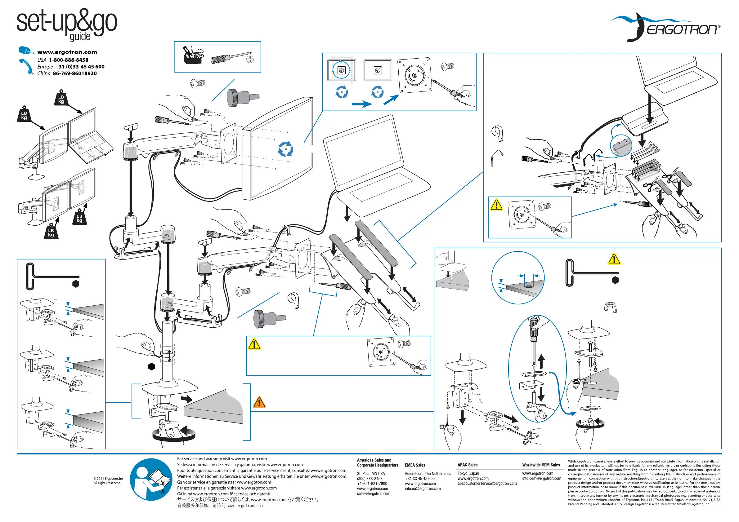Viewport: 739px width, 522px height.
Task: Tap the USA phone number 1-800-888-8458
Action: pos(69,60)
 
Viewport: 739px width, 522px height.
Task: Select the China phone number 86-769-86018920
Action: pos(75,74)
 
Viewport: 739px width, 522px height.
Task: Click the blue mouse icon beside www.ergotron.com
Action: pos(25,51)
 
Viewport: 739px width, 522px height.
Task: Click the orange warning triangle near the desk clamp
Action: pos(259,402)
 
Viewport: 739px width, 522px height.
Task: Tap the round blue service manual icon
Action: pos(151,480)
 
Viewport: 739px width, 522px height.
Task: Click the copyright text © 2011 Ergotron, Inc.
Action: pos(109,479)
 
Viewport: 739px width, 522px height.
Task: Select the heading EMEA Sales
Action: pos(415,465)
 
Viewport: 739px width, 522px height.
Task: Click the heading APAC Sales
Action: pos(467,465)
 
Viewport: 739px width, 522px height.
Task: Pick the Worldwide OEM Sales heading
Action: pos(541,465)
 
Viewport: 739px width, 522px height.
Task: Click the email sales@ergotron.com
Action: pos(373,494)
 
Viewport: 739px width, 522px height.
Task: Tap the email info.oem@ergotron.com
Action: pos(541,479)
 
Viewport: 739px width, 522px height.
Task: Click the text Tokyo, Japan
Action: pos(468,473)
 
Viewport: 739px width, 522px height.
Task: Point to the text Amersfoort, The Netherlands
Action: pos(428,474)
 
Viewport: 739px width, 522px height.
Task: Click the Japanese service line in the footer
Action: pos(248,500)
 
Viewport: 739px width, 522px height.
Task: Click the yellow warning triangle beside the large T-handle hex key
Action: pos(614,259)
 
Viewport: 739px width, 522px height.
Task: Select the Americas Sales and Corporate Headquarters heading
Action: pos(377,462)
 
